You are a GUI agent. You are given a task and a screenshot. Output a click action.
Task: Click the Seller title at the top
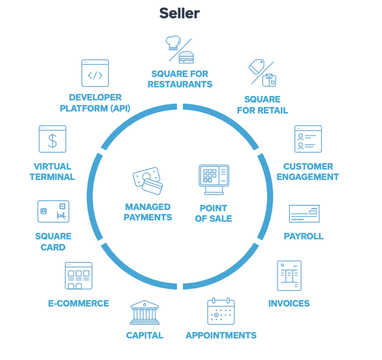[180, 13]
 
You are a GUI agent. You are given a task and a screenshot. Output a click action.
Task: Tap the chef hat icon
[173, 43]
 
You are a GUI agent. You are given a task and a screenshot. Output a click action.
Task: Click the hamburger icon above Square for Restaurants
[186, 57]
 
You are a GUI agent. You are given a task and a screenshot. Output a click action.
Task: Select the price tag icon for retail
[257, 67]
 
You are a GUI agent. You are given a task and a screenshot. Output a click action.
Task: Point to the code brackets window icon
[95, 73]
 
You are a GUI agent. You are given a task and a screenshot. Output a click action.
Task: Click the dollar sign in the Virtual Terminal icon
[52, 141]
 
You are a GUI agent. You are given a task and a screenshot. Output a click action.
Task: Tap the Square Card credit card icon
[53, 211]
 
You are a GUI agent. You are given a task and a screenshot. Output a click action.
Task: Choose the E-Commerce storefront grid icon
[78, 276]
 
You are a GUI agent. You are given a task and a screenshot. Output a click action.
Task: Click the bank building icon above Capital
[144, 312]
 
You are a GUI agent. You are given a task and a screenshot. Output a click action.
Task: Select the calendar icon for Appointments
[221, 311]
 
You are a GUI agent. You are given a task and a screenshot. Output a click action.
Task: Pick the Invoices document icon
[289, 276]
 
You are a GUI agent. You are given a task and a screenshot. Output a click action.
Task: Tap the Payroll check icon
[304, 213]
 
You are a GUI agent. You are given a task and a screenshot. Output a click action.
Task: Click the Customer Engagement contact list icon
[308, 139]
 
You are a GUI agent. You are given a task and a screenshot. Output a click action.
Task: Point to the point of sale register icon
[214, 179]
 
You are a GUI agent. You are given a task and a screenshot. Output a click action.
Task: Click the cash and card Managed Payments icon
[148, 181]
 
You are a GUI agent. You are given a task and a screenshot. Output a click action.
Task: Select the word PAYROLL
[304, 236]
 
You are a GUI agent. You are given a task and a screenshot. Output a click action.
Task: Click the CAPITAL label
[145, 335]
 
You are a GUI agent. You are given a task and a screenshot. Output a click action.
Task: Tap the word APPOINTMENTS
[221, 335]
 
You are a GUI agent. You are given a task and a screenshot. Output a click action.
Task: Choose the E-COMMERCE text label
[78, 303]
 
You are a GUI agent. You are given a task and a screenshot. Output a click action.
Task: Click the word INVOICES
[289, 303]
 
